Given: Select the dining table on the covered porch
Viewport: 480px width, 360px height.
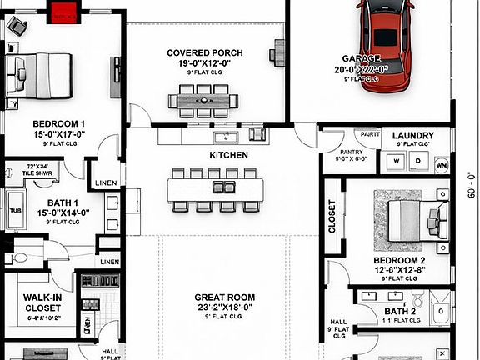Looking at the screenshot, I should [203, 100].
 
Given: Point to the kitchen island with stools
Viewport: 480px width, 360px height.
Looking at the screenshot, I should [215, 191].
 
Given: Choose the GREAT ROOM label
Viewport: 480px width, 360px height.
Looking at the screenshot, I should [225, 297].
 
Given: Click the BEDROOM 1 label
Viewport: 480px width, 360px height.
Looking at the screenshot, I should [58, 124].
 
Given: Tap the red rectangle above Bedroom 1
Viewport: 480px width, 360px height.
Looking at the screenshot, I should [63, 12].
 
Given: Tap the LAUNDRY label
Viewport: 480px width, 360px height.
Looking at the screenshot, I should [412, 135].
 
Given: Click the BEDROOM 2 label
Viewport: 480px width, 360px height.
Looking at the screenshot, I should [400, 260].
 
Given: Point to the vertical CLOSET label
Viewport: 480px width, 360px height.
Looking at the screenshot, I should [332, 217].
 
